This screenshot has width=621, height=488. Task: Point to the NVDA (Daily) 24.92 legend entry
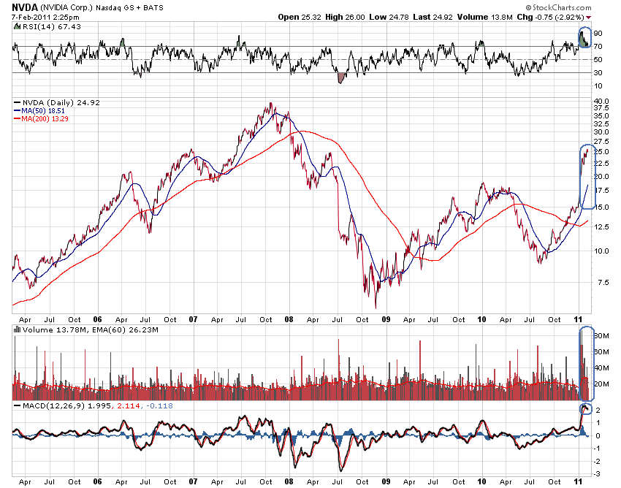pyautogui.click(x=52, y=102)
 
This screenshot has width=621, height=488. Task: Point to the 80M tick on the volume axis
pyautogui.click(x=601, y=336)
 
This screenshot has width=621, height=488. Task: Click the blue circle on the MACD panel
pyautogui.click(x=584, y=408)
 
